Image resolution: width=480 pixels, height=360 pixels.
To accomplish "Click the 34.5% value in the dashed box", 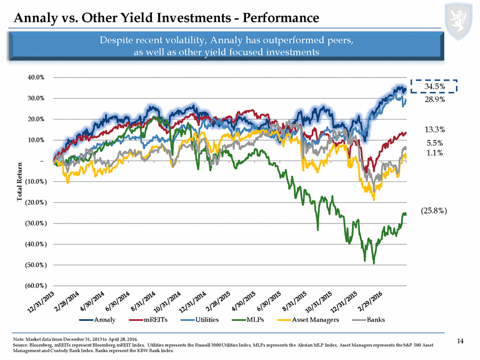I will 435,86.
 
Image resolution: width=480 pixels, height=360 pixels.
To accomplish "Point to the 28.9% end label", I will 435,100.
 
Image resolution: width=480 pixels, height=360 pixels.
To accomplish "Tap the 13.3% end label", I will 435,129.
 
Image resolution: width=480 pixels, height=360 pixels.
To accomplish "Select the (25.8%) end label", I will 435,210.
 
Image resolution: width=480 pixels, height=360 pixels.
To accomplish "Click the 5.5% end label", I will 435,143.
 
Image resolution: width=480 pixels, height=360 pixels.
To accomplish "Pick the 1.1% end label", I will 435,152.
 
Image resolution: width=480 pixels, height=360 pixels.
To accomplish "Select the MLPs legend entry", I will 247,320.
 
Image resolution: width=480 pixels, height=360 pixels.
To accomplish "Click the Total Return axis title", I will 20,182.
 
